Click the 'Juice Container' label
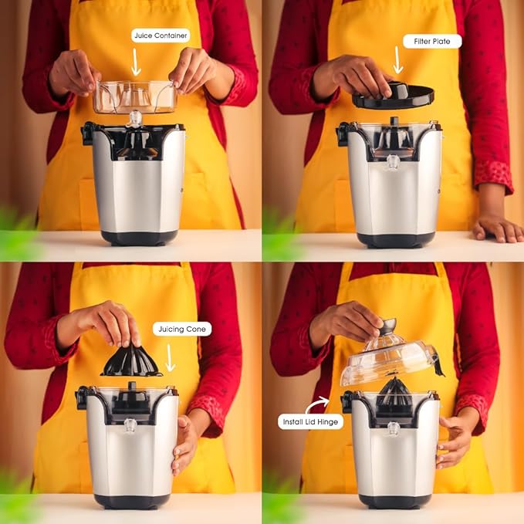click(x=161, y=35)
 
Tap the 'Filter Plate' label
click(x=432, y=42)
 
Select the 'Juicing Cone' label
click(x=182, y=330)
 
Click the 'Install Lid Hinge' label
click(x=310, y=422)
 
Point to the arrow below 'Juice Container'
click(x=136, y=62)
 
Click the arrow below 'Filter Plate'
click(x=397, y=60)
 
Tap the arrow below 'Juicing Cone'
click(x=170, y=358)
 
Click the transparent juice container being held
click(x=135, y=97)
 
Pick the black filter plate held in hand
click(x=394, y=96)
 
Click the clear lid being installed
click(x=389, y=357)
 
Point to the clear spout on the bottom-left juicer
click(x=130, y=425)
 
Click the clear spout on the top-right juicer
click(x=393, y=163)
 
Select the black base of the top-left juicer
click(x=140, y=238)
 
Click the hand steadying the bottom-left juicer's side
click(x=184, y=445)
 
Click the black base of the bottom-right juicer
click(x=395, y=502)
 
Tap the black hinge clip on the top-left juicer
click(x=88, y=133)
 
